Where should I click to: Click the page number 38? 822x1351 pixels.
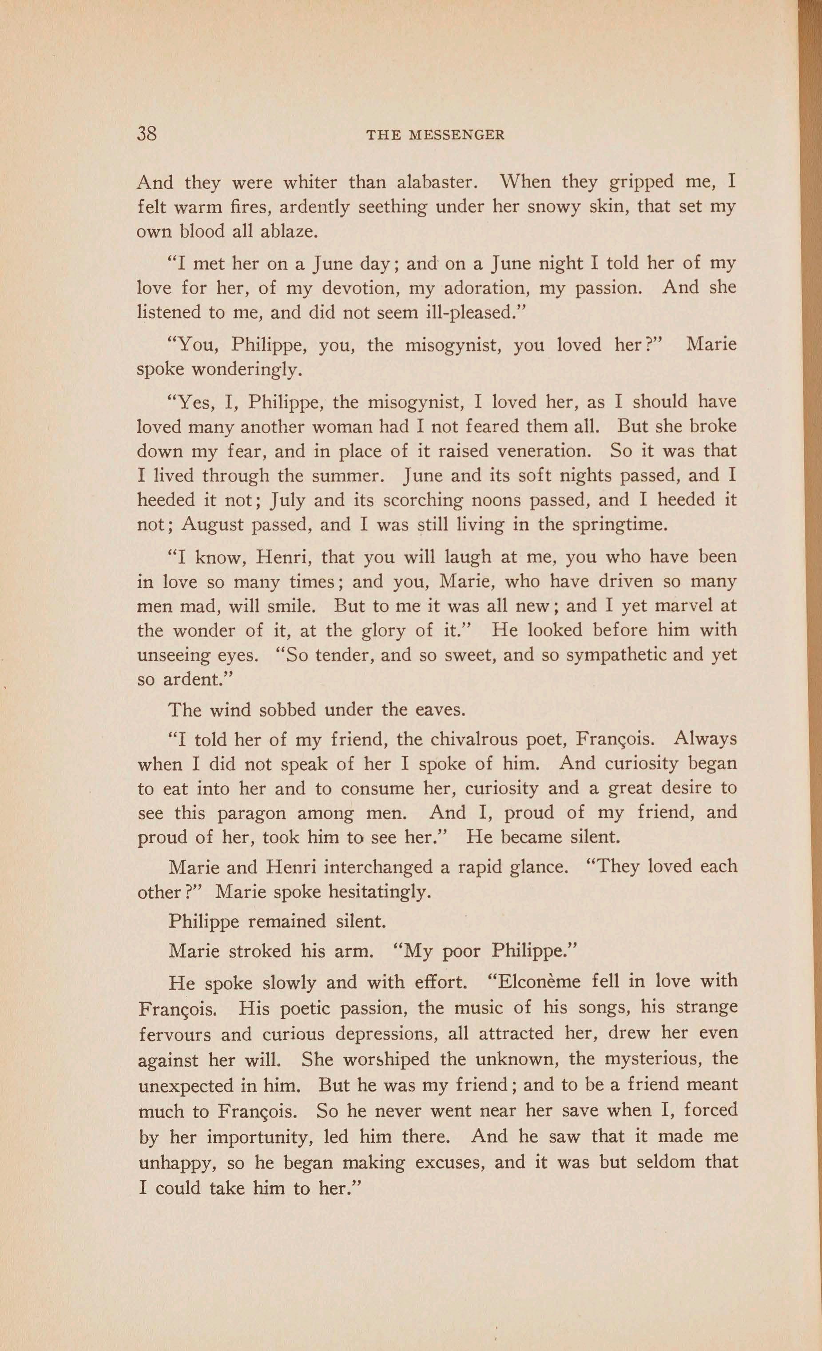147,133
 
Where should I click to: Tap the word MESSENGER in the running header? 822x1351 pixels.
457,135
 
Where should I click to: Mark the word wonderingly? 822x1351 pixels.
246,370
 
